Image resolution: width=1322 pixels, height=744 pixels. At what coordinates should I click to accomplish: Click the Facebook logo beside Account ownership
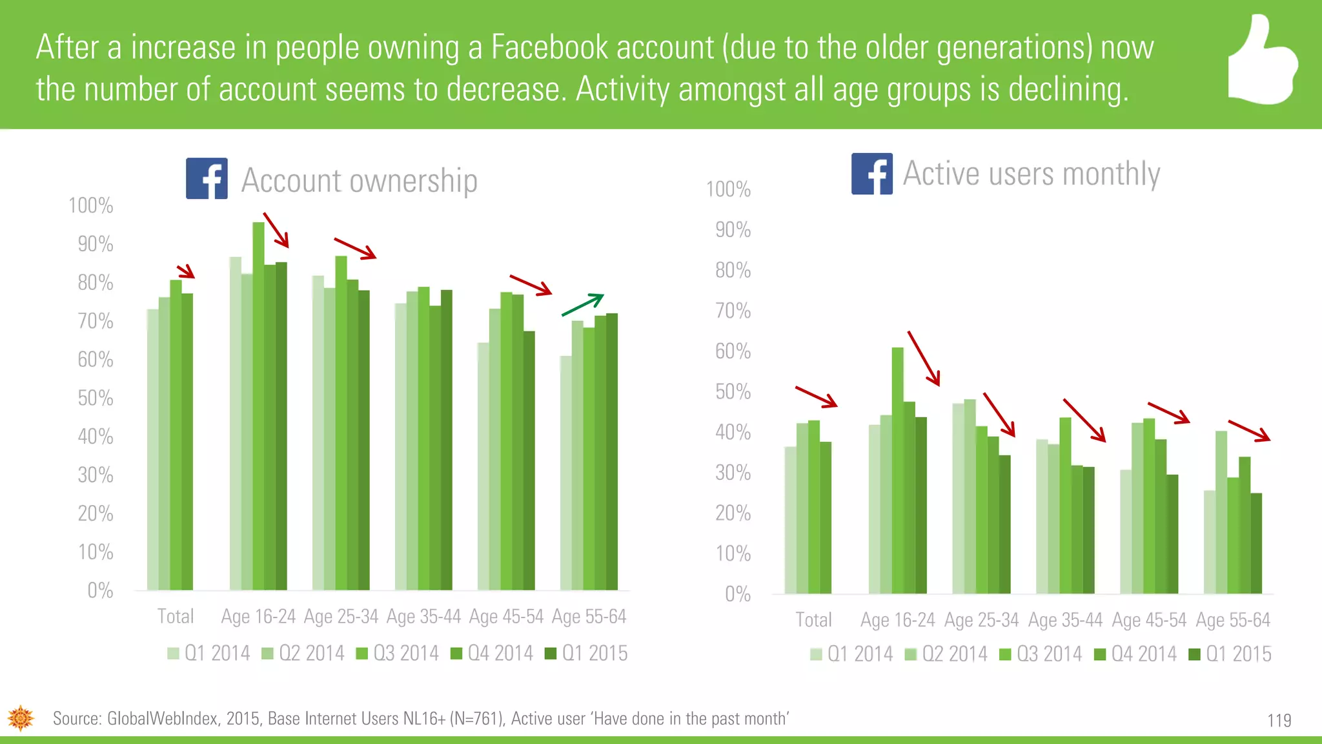coord(207,178)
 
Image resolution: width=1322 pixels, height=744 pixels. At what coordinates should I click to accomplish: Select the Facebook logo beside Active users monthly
coord(871,174)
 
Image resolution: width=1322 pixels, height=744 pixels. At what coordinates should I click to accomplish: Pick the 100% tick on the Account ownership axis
coord(91,206)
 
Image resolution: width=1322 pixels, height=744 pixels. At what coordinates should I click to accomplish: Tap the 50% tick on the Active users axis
coord(733,392)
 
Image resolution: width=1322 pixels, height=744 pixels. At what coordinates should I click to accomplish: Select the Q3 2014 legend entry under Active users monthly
coord(1041,654)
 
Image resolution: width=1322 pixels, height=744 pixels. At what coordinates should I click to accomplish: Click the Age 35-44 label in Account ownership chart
coord(423,617)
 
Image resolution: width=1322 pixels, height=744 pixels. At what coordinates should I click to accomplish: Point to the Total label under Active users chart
coord(813,620)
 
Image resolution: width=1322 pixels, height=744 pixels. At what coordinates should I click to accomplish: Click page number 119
coord(1279,720)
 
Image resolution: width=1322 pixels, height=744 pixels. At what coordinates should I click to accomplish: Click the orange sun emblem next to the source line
coord(21,718)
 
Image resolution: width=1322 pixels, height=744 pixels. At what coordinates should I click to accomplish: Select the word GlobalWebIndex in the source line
coord(161,719)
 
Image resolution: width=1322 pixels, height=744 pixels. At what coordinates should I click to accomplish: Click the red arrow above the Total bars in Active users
coord(817,397)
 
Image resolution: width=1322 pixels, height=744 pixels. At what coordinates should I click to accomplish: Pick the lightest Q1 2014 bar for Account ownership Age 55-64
coord(565,473)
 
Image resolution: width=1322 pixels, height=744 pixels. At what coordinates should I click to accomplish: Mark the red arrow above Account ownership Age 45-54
coord(531,285)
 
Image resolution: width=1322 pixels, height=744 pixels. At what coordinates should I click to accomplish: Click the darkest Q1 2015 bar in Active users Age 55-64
coord(1256,543)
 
